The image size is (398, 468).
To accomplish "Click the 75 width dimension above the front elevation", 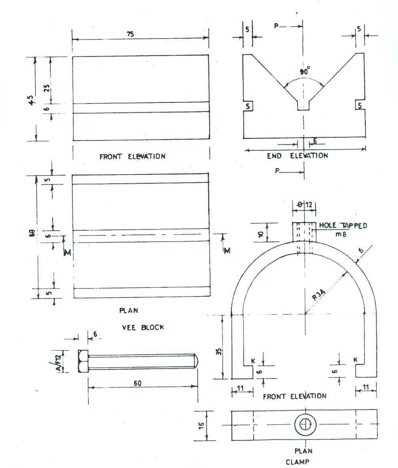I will click(x=130, y=34).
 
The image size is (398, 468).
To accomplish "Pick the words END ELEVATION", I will click(x=297, y=155).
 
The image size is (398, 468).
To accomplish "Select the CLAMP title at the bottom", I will click(x=297, y=462).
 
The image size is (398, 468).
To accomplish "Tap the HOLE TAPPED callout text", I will click(x=343, y=225).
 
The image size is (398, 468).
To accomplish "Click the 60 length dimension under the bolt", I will click(x=138, y=383).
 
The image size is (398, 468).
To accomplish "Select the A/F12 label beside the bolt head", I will click(x=59, y=362).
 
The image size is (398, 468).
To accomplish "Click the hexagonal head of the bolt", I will click(x=83, y=361).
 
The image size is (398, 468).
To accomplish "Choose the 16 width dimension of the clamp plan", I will click(x=201, y=425).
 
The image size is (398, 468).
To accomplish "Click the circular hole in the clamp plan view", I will click(x=305, y=425).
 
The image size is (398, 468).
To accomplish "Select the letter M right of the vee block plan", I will click(x=227, y=250).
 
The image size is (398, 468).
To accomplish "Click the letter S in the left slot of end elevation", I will click(x=248, y=106).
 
